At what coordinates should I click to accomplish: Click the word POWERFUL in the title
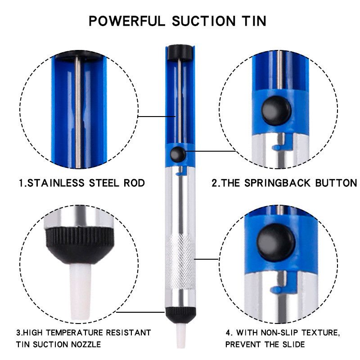pyautogui.click(x=127, y=21)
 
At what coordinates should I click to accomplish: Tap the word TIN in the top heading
pyautogui.click(x=254, y=21)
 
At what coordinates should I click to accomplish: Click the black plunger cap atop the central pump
pyautogui.click(x=180, y=53)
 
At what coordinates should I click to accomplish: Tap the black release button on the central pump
pyautogui.click(x=178, y=154)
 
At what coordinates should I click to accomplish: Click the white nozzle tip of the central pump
pyautogui.click(x=180, y=336)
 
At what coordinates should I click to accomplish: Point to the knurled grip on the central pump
pyautogui.click(x=180, y=262)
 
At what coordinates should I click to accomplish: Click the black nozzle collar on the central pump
pyautogui.click(x=180, y=315)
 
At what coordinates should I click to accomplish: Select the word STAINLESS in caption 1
pyautogui.click(x=56, y=183)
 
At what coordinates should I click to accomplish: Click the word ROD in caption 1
pyautogui.click(x=134, y=183)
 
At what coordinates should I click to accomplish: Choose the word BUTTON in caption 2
pyautogui.click(x=336, y=183)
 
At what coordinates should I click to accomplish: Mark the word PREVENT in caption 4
pyautogui.click(x=243, y=344)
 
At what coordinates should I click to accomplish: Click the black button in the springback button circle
pyautogui.click(x=276, y=111)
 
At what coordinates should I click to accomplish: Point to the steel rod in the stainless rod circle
pyautogui.click(x=78, y=112)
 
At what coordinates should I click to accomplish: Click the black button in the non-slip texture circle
pyautogui.click(x=276, y=243)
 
